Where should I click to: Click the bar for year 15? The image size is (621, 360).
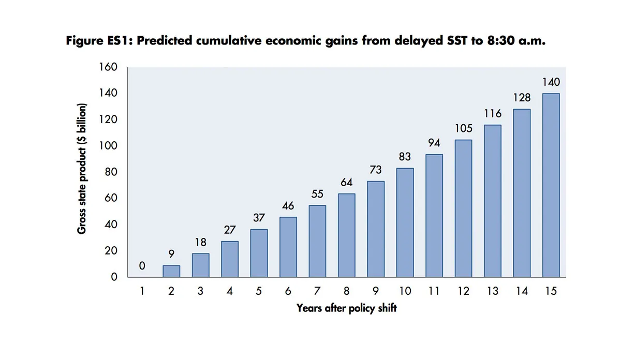[551, 185]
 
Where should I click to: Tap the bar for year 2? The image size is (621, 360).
[171, 271]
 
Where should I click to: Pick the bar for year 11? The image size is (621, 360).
[434, 216]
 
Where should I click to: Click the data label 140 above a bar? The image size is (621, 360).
[551, 82]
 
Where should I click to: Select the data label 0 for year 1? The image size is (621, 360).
[142, 266]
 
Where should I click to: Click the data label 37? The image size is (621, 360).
[259, 218]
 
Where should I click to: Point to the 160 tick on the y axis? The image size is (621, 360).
[109, 67]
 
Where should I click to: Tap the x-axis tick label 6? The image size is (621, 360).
[288, 291]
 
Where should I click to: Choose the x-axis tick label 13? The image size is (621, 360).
[492, 291]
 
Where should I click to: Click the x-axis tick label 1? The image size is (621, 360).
[142, 291]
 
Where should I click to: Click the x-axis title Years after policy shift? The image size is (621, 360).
[346, 308]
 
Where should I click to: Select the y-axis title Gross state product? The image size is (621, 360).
[82, 169]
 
